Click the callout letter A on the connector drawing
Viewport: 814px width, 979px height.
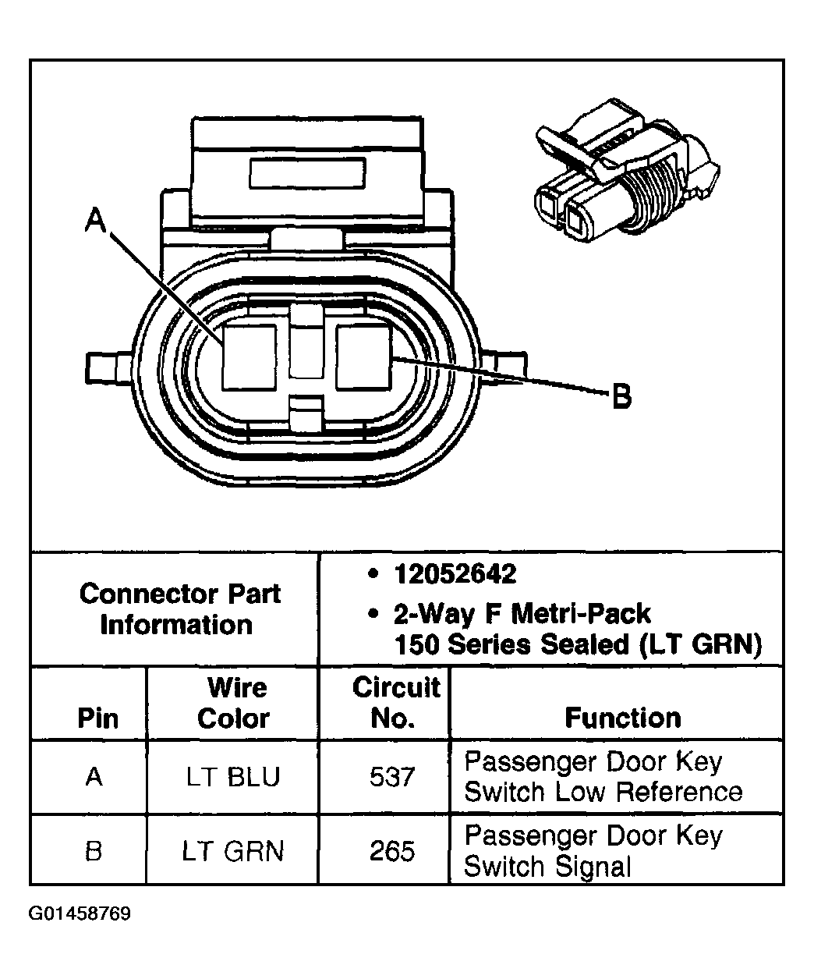[94, 220]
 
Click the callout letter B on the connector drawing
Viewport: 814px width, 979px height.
[621, 397]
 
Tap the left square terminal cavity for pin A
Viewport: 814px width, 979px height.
[249, 356]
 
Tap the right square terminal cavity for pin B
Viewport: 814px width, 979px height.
[363, 356]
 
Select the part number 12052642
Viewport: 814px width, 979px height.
[455, 575]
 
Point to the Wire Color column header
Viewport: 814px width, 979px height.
[233, 703]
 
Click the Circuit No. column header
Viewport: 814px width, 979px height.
[395, 703]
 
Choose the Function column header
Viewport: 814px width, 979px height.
[622, 717]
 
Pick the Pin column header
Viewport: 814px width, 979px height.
[98, 718]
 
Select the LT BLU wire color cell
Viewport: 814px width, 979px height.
[232, 777]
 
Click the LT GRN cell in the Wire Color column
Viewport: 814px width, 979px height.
[232, 850]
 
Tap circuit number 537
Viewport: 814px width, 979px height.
[392, 777]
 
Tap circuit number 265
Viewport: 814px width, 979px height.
[392, 850]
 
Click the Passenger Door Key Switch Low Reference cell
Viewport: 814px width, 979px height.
[603, 777]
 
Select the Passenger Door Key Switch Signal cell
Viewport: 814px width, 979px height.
[593, 850]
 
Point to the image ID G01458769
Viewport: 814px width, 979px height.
[80, 913]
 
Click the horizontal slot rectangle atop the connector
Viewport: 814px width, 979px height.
[306, 171]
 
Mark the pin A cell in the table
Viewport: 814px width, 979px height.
[94, 777]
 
